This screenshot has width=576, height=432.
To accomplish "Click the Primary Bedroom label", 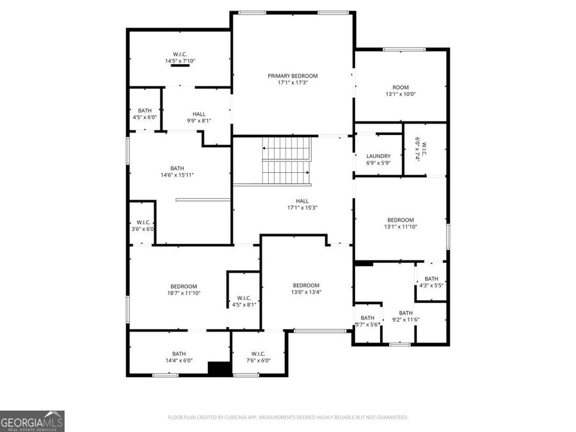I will tap(292, 76).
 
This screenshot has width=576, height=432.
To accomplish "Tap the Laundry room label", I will tap(378, 156).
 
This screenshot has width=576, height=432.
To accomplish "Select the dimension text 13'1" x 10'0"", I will tap(401, 94).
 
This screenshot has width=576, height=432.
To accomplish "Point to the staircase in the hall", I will tap(286, 161).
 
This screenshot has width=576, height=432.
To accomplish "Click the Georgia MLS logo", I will tap(32, 421).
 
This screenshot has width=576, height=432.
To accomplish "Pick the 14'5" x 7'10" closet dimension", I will tap(180, 61).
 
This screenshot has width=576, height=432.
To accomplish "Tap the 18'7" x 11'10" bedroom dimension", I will tap(184, 293).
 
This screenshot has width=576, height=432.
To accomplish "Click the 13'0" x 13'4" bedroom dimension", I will tap(306, 292).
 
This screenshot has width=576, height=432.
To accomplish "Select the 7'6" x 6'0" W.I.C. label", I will tap(259, 354).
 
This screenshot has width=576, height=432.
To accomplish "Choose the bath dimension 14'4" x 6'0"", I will tap(179, 360).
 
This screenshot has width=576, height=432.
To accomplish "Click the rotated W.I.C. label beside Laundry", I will tap(420, 149).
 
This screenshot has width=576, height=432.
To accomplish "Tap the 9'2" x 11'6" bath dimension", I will tap(406, 319).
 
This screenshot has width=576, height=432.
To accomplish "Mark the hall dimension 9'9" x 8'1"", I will tap(199, 120).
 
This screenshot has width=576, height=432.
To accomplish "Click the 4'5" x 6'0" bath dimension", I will tap(145, 117).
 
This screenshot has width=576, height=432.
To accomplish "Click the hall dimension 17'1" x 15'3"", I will tap(303, 207).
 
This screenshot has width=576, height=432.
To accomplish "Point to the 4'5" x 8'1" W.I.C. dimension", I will tap(244, 305).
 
